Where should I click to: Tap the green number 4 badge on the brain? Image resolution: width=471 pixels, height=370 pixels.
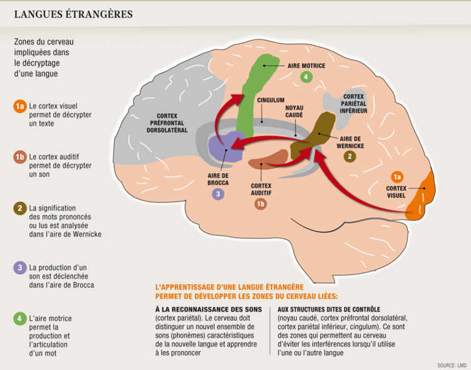(x=306, y=77)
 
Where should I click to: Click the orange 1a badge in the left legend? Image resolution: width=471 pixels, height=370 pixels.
(x=19, y=107)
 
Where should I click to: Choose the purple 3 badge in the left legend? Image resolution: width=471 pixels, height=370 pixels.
(x=19, y=268)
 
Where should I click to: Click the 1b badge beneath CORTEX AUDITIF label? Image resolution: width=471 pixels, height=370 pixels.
(x=260, y=203)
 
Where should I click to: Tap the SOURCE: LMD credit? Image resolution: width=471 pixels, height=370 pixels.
(x=452, y=365)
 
